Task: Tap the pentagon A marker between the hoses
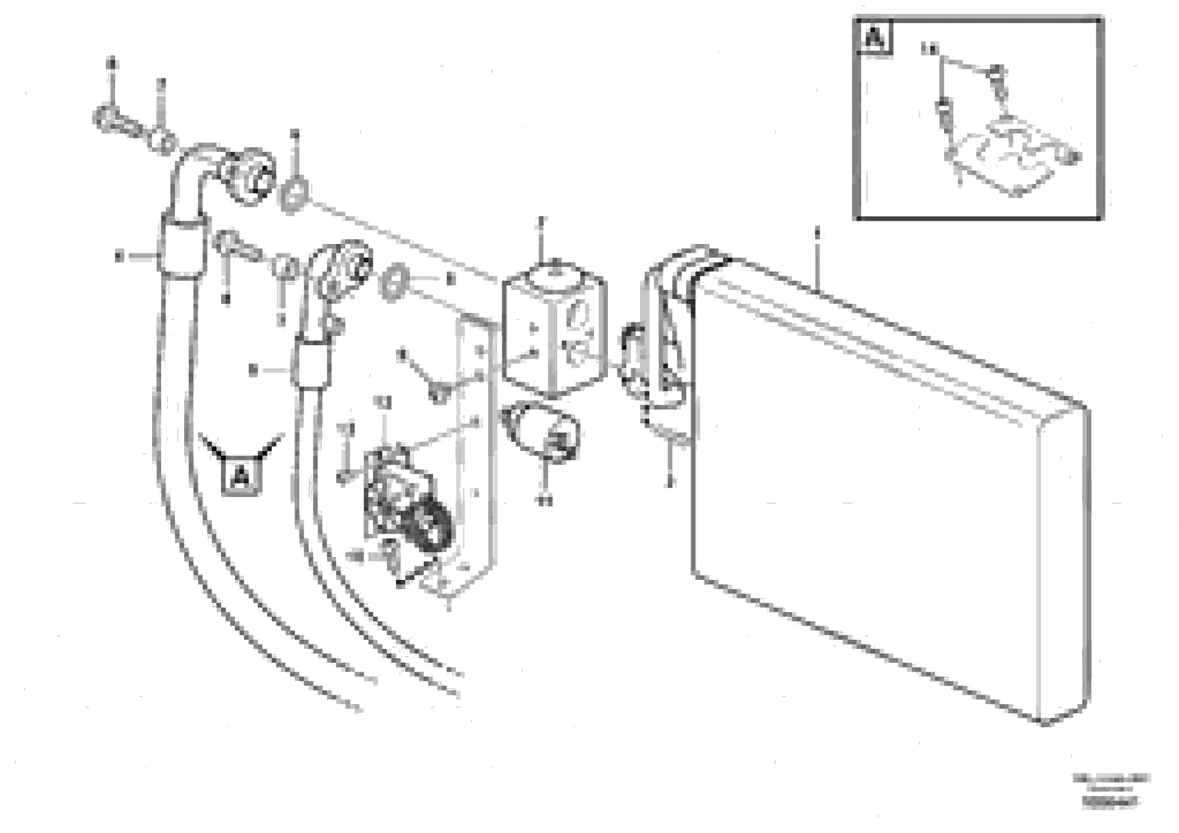pos(240,476)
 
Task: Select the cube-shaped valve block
pos(554,334)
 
